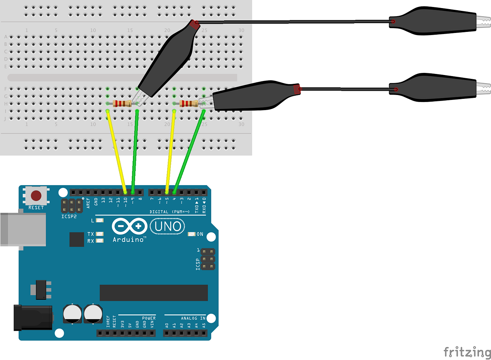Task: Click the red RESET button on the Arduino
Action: (36, 196)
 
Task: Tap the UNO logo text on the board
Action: (168, 226)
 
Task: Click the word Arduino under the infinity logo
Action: (128, 240)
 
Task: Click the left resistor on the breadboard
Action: (122, 103)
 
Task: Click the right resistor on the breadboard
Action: (189, 103)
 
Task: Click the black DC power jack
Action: (33, 318)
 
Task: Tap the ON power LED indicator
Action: (191, 234)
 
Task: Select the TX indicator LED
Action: (100, 234)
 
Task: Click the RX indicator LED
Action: (100, 241)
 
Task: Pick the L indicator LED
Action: (100, 220)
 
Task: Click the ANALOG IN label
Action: (193, 318)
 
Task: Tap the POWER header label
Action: (149, 318)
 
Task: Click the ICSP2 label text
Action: (69, 217)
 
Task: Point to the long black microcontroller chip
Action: (154, 293)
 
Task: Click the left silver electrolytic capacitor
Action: (72, 313)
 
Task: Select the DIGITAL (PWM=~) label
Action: (169, 212)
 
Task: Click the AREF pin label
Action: (88, 203)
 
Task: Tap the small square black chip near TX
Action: (76, 239)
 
